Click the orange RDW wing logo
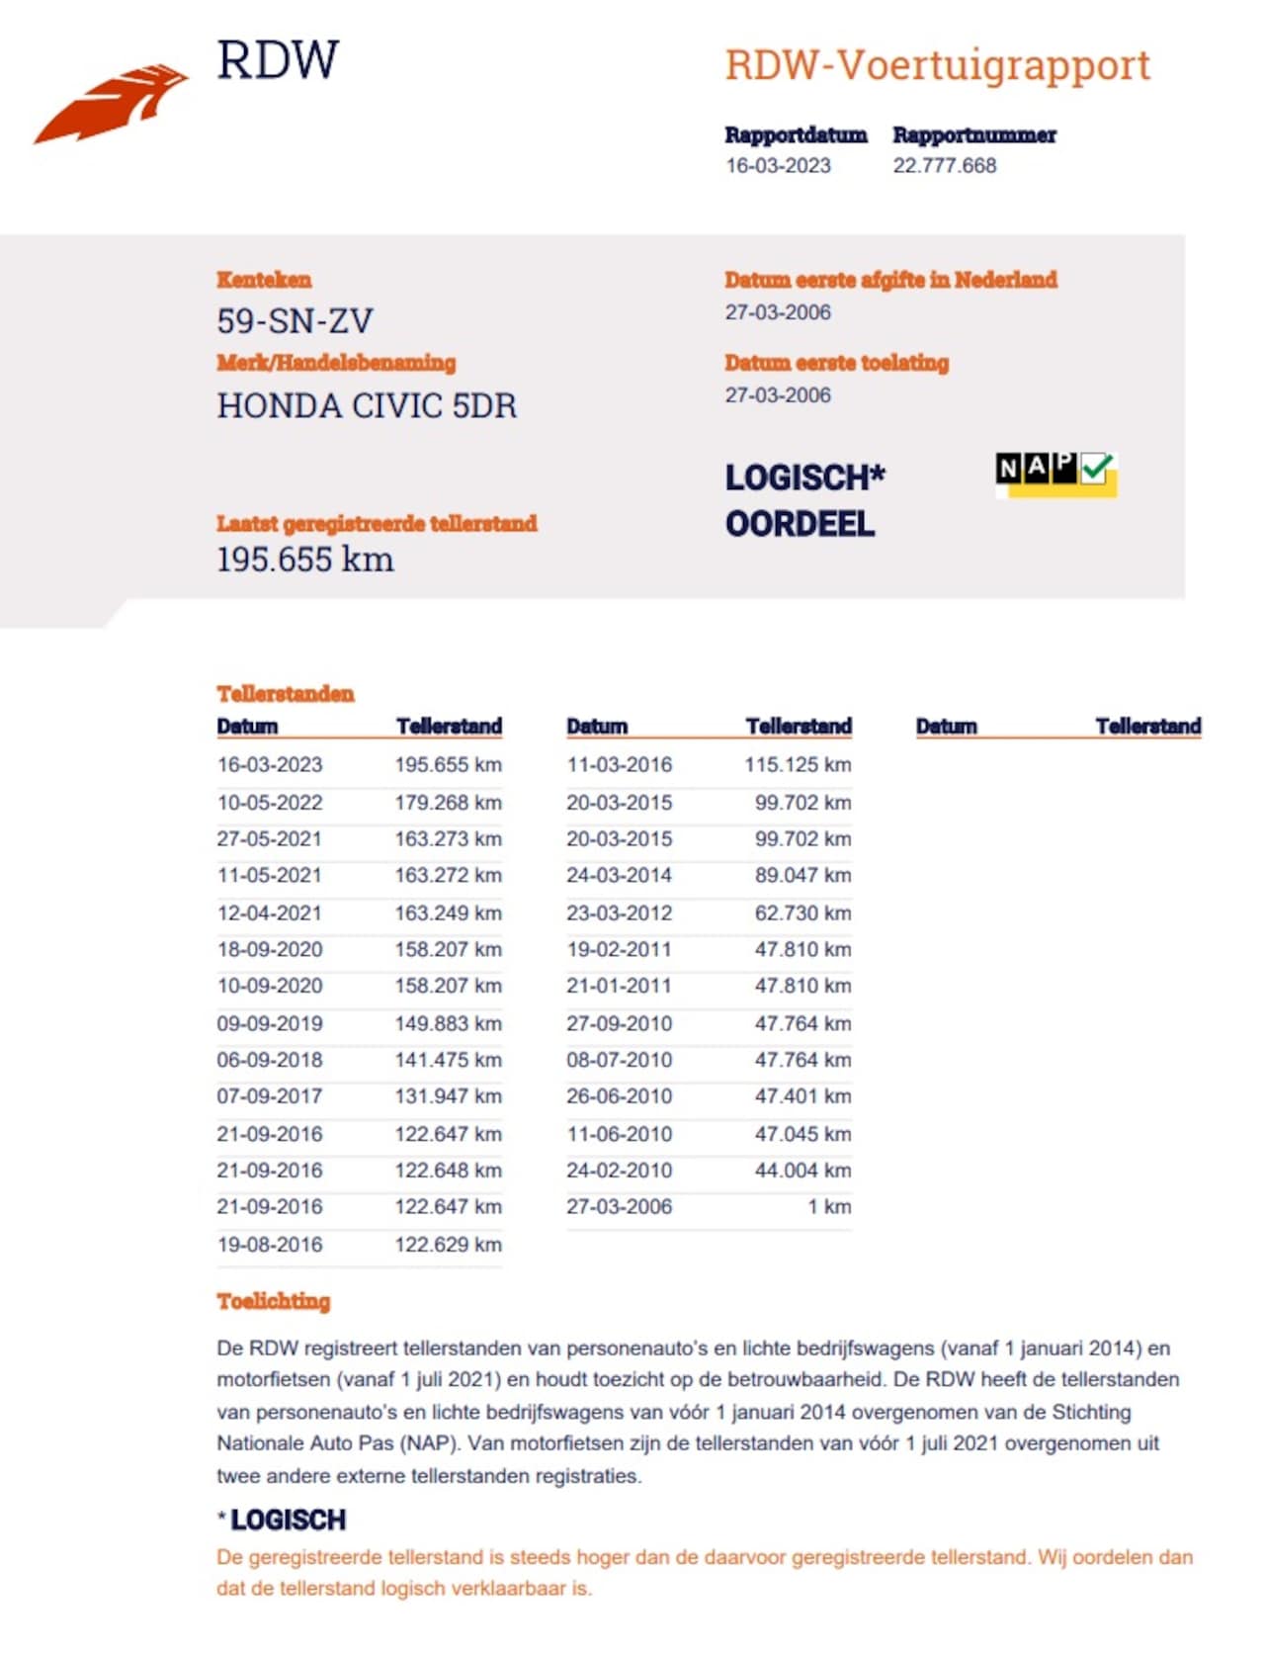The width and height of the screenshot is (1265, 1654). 111,104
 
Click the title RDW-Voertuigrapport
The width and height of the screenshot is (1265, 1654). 937,65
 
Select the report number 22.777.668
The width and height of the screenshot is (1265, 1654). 944,166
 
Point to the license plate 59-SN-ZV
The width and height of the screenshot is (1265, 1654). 295,321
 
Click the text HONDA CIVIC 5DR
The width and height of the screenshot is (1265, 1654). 367,405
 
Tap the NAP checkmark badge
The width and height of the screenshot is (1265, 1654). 1055,474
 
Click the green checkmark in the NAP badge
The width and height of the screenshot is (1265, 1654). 1097,468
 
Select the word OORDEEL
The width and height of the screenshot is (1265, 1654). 800,524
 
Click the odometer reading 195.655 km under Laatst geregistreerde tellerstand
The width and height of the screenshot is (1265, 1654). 305,560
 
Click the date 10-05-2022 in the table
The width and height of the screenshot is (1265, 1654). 270,802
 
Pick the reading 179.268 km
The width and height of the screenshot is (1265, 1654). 448,802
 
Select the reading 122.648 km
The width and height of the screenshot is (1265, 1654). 448,1170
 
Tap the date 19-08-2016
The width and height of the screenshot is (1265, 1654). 270,1244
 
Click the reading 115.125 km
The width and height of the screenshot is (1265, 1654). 798,764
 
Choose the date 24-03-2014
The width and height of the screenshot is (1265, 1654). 619,875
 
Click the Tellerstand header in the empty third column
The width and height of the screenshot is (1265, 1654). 1147,727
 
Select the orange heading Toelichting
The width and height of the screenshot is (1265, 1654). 274,1301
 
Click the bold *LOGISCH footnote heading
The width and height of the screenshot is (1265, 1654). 283,1520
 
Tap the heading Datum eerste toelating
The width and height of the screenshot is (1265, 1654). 836,363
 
